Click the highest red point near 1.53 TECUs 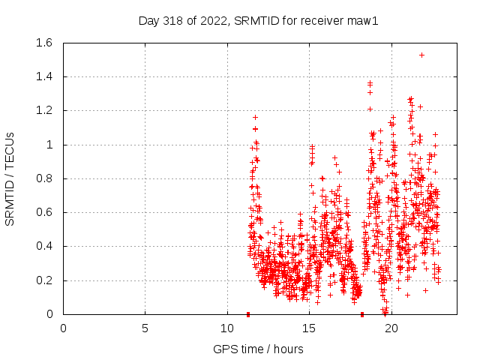point(421,55)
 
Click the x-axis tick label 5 point(145,328)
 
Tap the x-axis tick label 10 point(227,328)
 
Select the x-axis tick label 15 point(309,328)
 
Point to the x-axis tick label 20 point(391,328)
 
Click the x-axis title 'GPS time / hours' point(258,349)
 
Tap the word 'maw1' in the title point(366,20)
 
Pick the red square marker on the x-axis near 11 point(248,314)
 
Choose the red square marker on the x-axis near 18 point(362,314)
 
